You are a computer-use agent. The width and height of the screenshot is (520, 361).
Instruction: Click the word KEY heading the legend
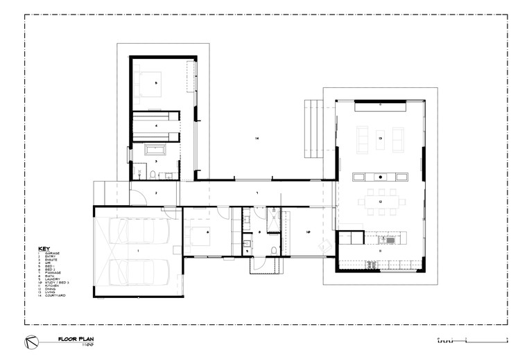click(44, 247)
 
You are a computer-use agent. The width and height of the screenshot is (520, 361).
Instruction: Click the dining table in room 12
click(381, 203)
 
